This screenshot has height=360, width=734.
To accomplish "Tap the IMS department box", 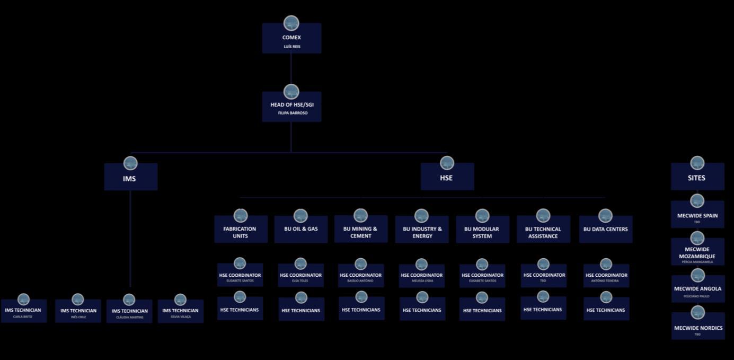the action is click(130, 178).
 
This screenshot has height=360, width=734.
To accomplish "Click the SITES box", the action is click(697, 178).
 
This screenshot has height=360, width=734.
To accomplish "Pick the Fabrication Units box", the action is click(240, 232).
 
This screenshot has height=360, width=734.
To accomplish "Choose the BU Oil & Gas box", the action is click(300, 230).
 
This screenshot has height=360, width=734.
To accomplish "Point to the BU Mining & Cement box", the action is click(360, 232).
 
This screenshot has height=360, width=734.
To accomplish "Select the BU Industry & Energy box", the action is click(422, 232).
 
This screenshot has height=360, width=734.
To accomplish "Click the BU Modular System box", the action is click(482, 232).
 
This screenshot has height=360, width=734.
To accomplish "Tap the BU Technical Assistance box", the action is click(543, 232).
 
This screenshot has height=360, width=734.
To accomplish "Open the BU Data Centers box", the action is click(605, 230).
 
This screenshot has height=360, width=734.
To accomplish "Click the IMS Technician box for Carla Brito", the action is click(23, 312).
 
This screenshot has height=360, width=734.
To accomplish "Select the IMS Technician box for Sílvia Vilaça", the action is click(180, 312).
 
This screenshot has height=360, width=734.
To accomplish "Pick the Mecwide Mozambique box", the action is click(697, 253).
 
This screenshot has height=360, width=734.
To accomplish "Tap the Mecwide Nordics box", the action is click(697, 329).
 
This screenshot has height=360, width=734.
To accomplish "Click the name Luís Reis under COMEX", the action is click(291, 47).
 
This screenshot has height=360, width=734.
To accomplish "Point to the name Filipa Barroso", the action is click(293, 113).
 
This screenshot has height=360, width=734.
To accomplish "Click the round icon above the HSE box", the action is click(447, 163).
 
